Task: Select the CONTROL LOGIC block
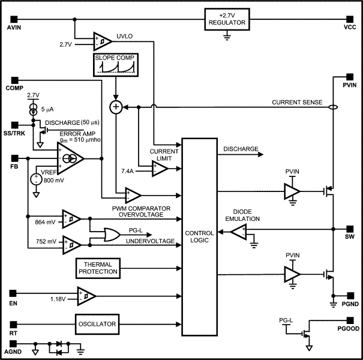point(199,237)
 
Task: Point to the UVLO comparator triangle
point(101,40)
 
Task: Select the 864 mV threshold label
point(46,221)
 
